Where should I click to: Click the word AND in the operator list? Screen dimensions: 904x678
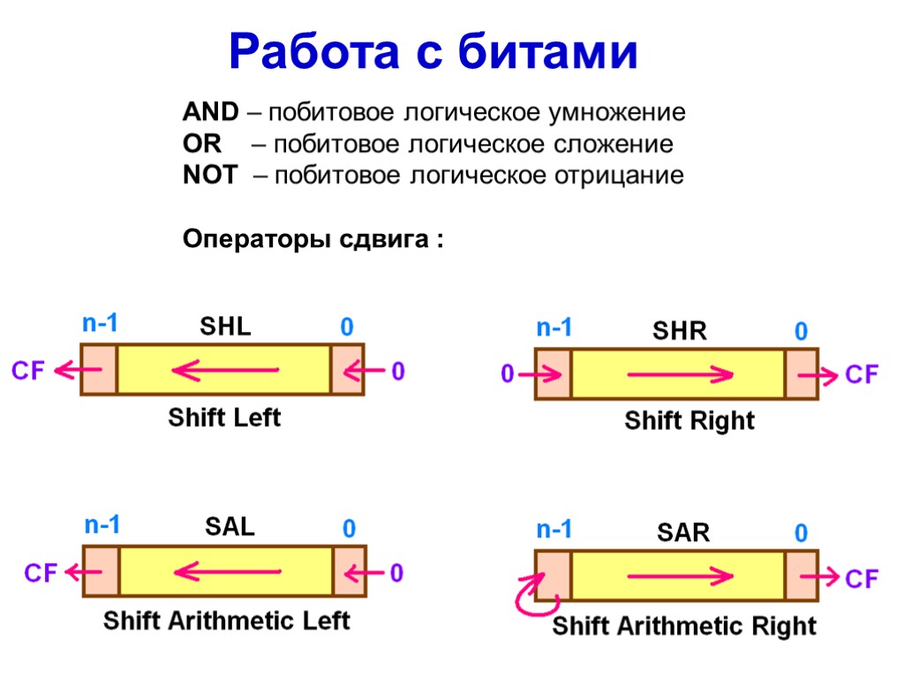[x=210, y=113]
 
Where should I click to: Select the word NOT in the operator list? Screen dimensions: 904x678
[x=210, y=176]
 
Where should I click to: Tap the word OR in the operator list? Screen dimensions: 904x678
[x=201, y=144]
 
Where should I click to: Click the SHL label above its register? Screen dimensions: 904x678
[x=226, y=327]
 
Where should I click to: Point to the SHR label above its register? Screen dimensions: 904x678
[x=680, y=332]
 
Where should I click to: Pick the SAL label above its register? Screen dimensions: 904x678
[x=230, y=527]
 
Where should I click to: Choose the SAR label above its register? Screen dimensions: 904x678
[x=683, y=532]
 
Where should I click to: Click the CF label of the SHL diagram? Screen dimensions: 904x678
[x=28, y=372]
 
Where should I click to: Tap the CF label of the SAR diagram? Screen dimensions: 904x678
[x=863, y=579]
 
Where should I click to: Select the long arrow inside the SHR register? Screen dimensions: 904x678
[x=680, y=375]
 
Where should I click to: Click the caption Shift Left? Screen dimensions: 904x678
[x=224, y=418]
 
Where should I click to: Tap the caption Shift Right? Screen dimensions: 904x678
[x=689, y=421]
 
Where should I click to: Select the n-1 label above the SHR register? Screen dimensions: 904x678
[x=554, y=329]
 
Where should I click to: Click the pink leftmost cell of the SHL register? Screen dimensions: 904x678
[x=99, y=369]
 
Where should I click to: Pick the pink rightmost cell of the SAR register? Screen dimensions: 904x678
[x=802, y=576]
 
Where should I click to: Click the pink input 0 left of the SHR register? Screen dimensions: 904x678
[x=508, y=375]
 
